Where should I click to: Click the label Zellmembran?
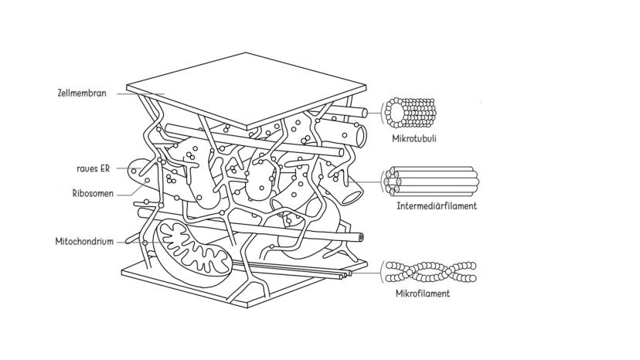click(82, 93)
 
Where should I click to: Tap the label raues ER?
click(93, 167)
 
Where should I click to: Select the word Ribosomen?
click(94, 194)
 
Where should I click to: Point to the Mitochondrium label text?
click(84, 241)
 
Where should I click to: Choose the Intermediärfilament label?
click(436, 206)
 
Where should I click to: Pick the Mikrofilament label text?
click(422, 294)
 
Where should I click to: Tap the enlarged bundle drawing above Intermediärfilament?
click(433, 181)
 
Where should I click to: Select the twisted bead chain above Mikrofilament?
click(431, 272)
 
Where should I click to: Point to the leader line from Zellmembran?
click(139, 94)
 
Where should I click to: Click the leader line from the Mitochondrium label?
click(128, 242)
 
